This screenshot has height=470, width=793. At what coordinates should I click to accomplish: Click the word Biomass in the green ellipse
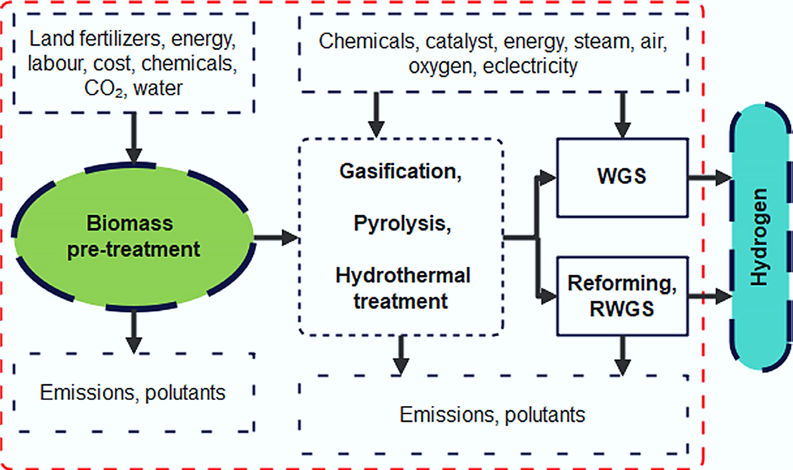[130, 223]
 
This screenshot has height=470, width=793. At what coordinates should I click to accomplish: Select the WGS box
[622, 178]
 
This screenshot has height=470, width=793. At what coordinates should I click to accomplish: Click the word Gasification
[400, 172]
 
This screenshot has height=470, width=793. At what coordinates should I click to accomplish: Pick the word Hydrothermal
[403, 275]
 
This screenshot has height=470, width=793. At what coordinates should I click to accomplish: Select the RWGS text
[622, 309]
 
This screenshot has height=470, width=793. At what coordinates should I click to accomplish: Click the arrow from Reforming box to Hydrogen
[710, 296]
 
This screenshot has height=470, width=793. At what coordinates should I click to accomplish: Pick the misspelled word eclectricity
[530, 66]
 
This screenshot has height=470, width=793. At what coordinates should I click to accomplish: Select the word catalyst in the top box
[459, 41]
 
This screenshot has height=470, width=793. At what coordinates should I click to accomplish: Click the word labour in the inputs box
[57, 64]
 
